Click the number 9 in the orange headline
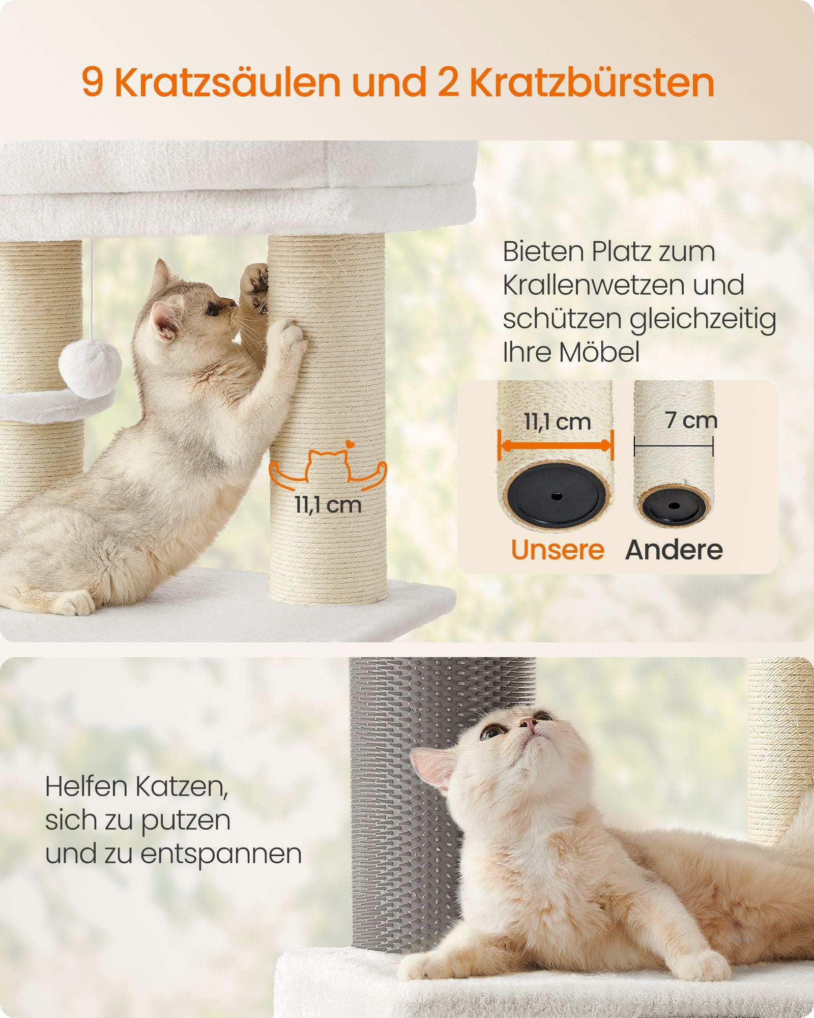click(x=93, y=82)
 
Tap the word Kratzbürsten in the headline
click(x=592, y=82)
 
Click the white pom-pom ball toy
click(x=90, y=363)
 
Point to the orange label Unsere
click(x=558, y=550)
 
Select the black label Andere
click(x=674, y=550)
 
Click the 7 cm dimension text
click(x=691, y=420)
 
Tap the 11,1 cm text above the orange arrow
click(x=558, y=422)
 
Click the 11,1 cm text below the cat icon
click(x=328, y=505)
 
